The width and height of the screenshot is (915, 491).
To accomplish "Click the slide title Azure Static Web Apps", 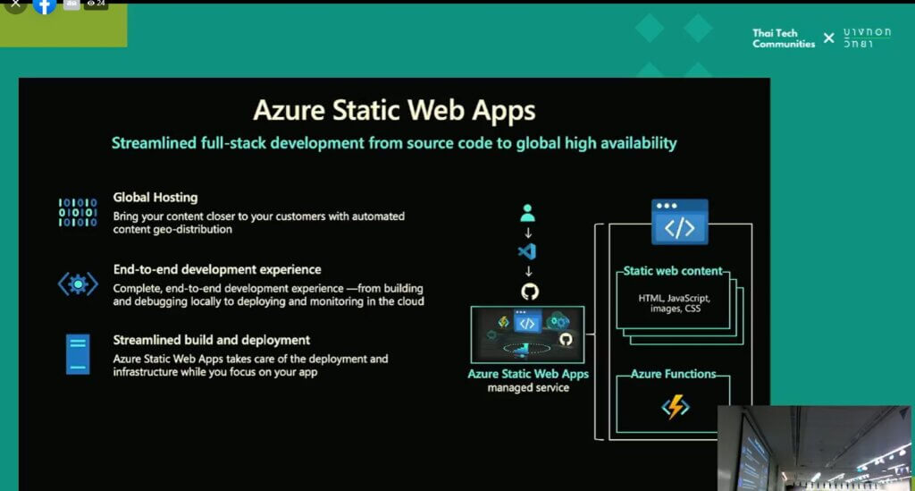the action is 394,110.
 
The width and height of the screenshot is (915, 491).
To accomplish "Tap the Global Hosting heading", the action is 155,198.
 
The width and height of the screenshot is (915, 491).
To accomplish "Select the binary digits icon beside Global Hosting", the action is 78,212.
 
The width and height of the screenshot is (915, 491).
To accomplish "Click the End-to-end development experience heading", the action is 217,269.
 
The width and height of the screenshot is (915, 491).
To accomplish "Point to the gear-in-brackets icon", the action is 78,284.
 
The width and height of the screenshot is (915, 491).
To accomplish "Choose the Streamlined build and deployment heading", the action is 211,340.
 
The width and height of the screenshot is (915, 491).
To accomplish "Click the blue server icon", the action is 78,354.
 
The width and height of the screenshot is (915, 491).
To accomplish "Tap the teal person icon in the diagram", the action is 527,213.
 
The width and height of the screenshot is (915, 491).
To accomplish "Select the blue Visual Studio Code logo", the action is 527,251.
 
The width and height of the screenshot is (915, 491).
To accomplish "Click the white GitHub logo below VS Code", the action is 530,291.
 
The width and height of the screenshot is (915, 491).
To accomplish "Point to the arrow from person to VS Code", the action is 528,233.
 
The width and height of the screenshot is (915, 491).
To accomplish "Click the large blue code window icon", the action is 680,222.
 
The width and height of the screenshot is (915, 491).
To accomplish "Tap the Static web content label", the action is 673,271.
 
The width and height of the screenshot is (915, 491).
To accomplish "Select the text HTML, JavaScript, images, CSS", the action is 675,303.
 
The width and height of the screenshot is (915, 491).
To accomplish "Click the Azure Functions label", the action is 674,374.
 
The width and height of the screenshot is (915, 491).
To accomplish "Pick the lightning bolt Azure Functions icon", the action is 676,407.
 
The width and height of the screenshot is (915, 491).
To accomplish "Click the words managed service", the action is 528,387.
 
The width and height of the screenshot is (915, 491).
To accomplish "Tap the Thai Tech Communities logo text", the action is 783,38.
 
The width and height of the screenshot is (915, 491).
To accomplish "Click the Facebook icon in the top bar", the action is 45,5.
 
